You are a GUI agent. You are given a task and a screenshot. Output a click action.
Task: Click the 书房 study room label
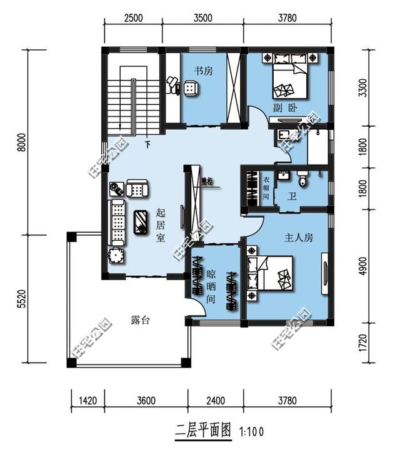point(203,71)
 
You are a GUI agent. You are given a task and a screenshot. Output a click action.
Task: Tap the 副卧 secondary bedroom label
point(284,107)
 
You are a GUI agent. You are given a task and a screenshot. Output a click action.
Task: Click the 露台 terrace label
point(141,319)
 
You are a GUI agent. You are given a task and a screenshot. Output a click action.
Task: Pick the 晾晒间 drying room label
point(212,286)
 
